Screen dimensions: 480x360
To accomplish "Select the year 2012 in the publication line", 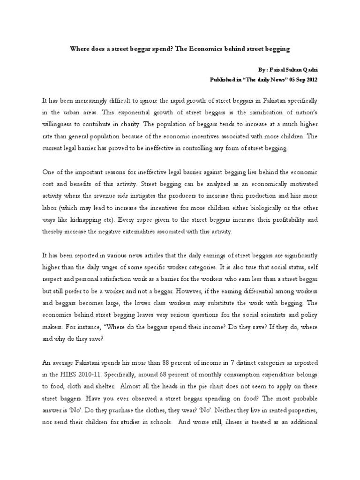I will (310, 80).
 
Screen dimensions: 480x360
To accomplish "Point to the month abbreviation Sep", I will (295, 80).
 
